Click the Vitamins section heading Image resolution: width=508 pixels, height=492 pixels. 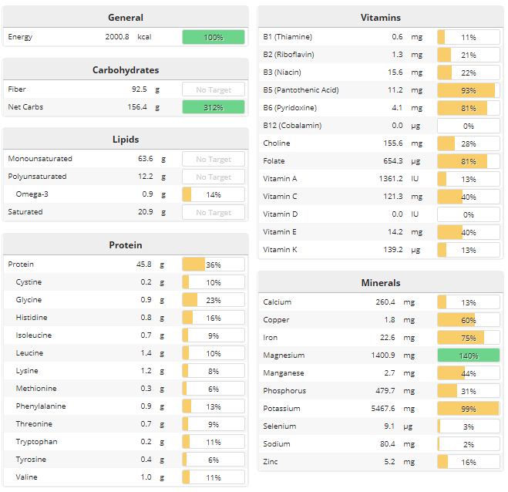click(x=380, y=18)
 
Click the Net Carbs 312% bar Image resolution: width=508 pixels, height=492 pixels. click(x=213, y=107)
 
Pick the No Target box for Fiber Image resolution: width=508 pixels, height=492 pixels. click(x=213, y=89)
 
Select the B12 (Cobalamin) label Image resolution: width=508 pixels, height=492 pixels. click(x=292, y=126)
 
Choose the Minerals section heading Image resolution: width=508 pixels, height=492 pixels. click(x=380, y=283)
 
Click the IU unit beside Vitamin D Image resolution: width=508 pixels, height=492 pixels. click(x=415, y=214)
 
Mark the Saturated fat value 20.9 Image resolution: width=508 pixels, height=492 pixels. click(x=140, y=212)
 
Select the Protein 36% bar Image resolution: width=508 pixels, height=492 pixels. click(x=213, y=265)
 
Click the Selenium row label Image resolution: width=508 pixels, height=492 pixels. click(x=279, y=426)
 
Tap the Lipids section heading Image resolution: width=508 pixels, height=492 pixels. click(x=126, y=140)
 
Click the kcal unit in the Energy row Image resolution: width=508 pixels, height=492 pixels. click(x=145, y=37)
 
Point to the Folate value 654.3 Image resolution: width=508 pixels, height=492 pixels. click(x=390, y=161)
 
